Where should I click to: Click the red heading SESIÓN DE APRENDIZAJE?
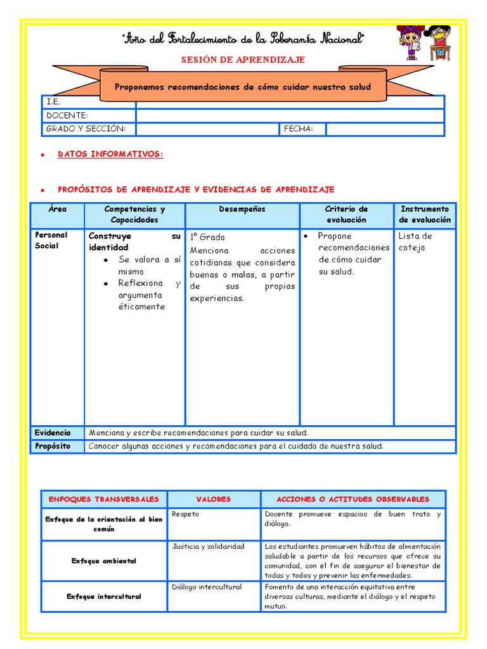[x=243, y=60]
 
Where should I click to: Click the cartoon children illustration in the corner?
[x=424, y=43]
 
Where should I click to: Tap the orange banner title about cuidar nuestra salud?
[x=242, y=87]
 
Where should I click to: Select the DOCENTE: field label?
[x=67, y=115]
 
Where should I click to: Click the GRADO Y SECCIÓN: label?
[x=86, y=129]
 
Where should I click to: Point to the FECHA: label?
[x=299, y=129]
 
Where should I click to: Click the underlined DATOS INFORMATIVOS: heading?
[x=110, y=154]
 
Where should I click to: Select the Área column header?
[x=57, y=209]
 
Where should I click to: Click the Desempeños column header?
[x=242, y=209]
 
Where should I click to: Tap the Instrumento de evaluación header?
[x=424, y=214]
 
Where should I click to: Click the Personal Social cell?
[x=51, y=240]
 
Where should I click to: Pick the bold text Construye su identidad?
[x=134, y=241]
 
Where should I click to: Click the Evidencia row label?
[x=53, y=432]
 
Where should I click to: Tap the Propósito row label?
[x=53, y=446]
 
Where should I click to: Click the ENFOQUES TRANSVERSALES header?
[x=104, y=499]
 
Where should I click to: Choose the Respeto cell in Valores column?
[x=185, y=514]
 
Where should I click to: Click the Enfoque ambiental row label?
[x=104, y=561]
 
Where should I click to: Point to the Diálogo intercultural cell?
[x=207, y=587]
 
